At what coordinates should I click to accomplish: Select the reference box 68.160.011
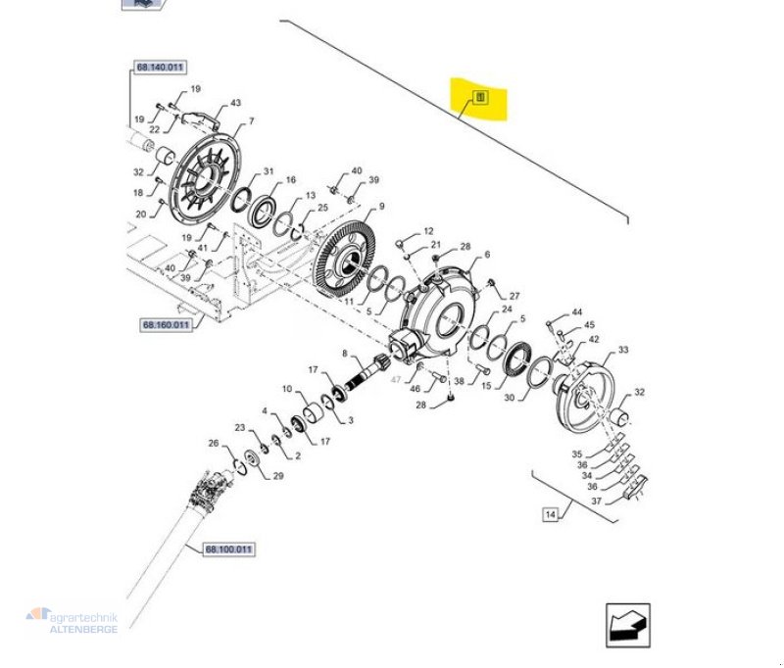tap(165, 324)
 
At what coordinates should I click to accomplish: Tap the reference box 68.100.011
tap(226, 549)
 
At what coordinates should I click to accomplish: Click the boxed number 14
tap(550, 513)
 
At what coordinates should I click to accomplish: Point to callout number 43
tap(234, 103)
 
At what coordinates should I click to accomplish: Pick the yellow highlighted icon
tap(479, 98)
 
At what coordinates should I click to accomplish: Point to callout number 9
tap(382, 207)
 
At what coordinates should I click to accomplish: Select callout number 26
tap(214, 443)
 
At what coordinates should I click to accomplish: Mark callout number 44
tap(577, 311)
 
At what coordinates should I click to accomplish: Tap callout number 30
tap(508, 398)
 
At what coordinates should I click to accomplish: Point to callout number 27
tap(514, 296)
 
